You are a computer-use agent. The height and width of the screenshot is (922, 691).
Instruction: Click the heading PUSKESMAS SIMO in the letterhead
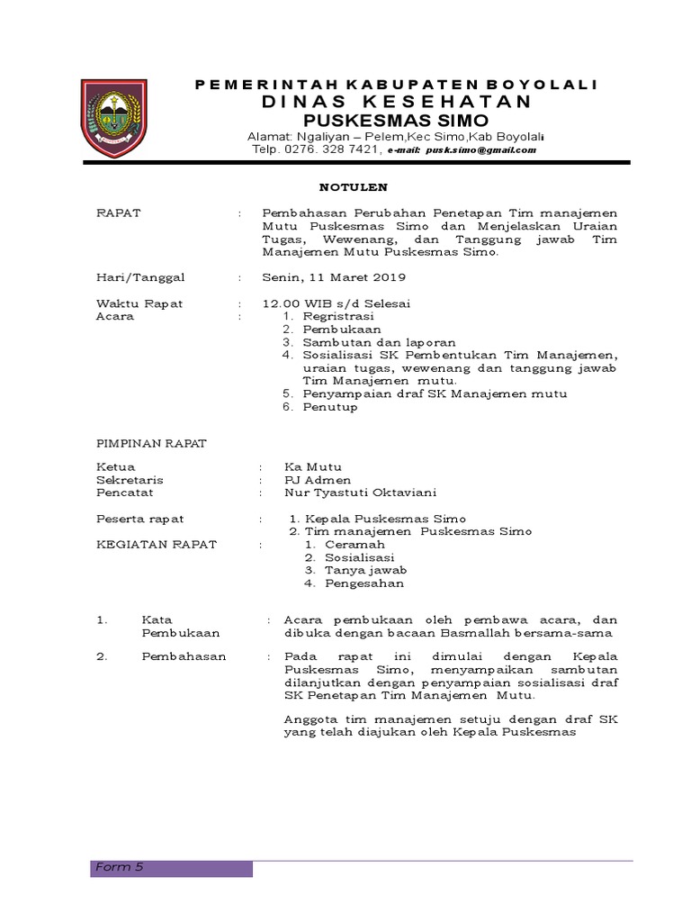(382, 120)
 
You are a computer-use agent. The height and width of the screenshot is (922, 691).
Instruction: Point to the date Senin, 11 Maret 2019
(334, 276)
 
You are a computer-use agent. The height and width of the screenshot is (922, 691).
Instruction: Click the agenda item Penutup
(329, 407)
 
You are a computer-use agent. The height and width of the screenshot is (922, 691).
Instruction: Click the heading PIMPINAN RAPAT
(151, 443)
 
